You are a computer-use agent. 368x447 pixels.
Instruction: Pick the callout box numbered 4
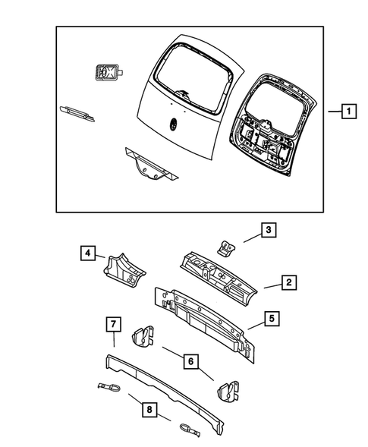point(89,253)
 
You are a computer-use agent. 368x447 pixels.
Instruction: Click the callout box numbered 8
point(149,411)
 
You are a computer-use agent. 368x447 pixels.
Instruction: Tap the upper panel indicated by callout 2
point(220,277)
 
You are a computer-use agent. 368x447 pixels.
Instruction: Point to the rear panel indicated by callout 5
point(205,319)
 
